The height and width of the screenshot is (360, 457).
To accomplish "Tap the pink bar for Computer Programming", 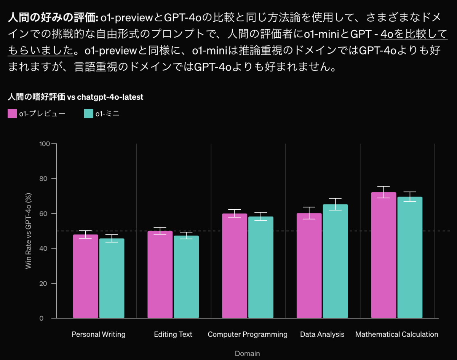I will pos(235,266).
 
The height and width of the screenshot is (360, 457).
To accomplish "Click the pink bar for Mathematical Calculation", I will pos(383,255).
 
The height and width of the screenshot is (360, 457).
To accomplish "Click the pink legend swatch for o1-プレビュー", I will pos(12,113).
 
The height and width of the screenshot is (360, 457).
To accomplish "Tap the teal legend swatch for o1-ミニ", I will pos(88,113).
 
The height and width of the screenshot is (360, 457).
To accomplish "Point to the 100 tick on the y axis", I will pos(45,144).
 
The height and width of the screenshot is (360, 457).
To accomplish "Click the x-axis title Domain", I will pos(247,354).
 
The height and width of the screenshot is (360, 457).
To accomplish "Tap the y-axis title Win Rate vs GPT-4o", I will pos(29,231).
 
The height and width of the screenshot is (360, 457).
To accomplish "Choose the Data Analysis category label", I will pos(322,335).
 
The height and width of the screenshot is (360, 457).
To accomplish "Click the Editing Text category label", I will pos(173,335).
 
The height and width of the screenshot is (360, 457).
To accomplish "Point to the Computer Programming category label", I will pos(248,335).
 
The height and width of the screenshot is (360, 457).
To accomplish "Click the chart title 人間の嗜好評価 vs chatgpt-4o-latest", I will pos(75,97).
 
